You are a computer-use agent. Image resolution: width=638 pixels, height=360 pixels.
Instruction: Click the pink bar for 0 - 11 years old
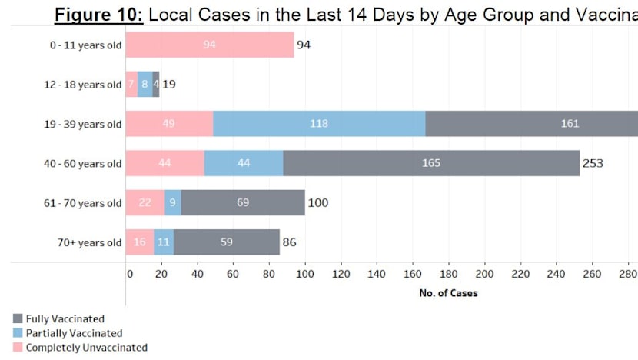pos(210,45)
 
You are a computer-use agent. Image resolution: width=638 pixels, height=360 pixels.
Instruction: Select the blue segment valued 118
pos(319,124)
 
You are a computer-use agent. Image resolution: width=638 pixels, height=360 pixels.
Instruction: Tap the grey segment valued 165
pos(430,163)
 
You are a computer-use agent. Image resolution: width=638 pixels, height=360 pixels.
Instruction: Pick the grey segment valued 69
pos(243,203)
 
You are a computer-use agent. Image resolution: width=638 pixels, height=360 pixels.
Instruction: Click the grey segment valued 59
pos(227,242)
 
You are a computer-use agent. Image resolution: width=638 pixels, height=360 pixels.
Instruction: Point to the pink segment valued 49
pos(169,124)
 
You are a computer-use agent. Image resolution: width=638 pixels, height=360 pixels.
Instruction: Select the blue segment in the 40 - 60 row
pos(244,163)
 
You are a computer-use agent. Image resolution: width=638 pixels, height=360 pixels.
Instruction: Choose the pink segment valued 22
pos(145,203)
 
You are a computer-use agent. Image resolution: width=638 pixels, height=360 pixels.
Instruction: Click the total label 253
pos(593,163)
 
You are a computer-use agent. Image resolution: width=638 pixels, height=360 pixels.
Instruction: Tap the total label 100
pos(319,203)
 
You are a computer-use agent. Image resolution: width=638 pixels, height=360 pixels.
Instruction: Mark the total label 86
pos(289,242)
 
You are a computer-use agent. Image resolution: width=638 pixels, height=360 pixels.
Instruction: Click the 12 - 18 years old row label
pos(82,85)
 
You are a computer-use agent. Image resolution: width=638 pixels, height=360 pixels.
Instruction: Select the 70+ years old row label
pos(89,243)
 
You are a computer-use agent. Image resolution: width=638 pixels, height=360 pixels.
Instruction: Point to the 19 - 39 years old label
pos(82,124)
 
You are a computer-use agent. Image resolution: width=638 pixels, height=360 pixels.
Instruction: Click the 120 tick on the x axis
pos(341,274)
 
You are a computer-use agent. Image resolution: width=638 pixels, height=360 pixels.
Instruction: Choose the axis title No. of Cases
pos(448,293)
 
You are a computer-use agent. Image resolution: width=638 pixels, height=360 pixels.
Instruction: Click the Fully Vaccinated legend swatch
pos(18,318)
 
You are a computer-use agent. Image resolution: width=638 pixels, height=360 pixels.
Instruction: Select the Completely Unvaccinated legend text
pos(86,348)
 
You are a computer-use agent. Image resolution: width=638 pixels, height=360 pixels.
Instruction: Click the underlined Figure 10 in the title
pos(99,15)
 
